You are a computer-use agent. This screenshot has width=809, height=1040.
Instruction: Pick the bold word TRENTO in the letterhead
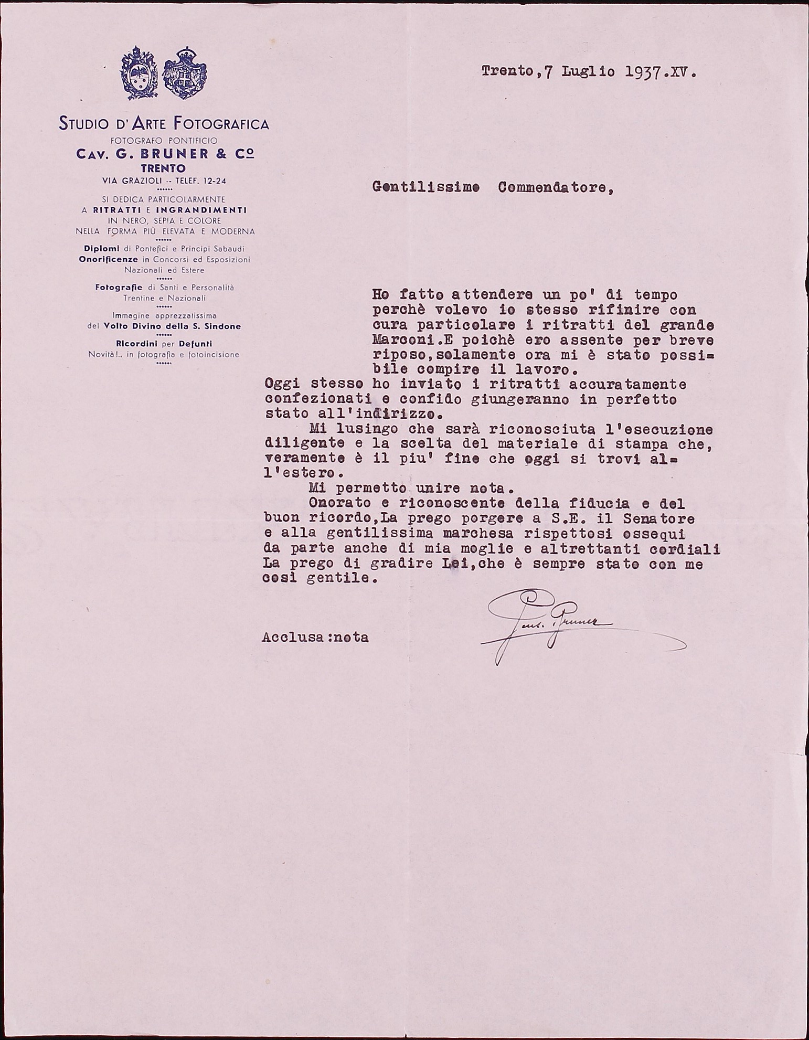click(x=163, y=169)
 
